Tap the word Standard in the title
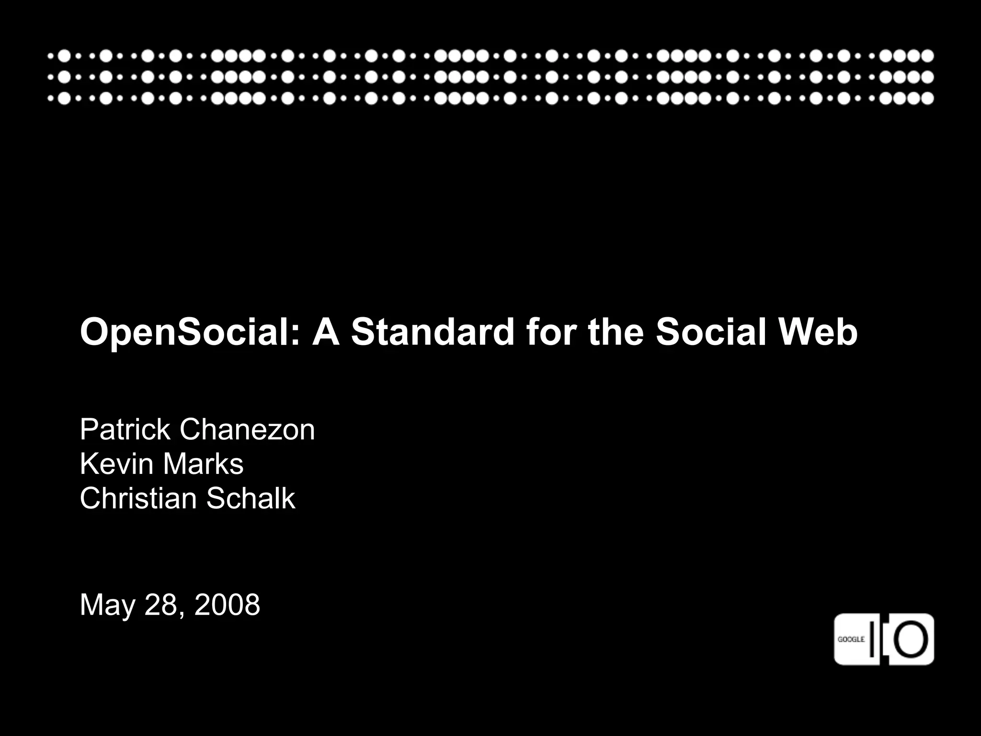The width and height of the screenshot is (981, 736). click(433, 332)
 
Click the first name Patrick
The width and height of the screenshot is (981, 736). click(125, 429)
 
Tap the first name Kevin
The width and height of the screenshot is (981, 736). click(117, 464)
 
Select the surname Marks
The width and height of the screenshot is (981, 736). click(203, 464)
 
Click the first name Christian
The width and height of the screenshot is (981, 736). click(138, 498)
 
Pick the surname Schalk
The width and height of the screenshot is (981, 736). click(251, 498)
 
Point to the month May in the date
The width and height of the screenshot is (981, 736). click(108, 605)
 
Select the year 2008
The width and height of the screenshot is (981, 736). click(227, 605)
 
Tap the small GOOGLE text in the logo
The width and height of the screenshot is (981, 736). click(851, 639)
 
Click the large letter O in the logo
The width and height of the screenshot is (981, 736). click(911, 639)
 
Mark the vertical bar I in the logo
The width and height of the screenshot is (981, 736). click(874, 639)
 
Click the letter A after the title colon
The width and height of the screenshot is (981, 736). click(326, 332)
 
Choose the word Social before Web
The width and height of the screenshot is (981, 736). click(711, 332)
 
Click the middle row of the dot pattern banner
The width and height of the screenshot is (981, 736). click(490, 77)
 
